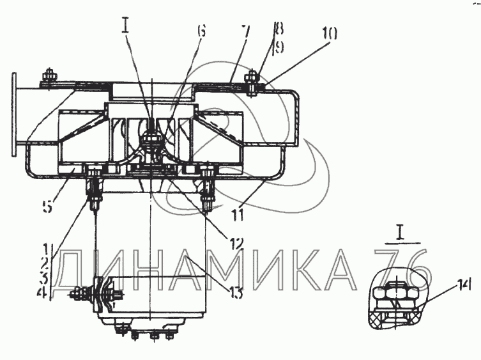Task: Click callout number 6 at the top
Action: point(201,31)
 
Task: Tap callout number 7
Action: point(245,31)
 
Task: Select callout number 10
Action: point(330,33)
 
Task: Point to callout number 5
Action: point(47,206)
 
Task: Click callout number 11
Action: point(238,214)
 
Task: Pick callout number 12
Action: point(235,242)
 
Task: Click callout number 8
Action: point(279,30)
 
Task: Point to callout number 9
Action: point(279,47)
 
